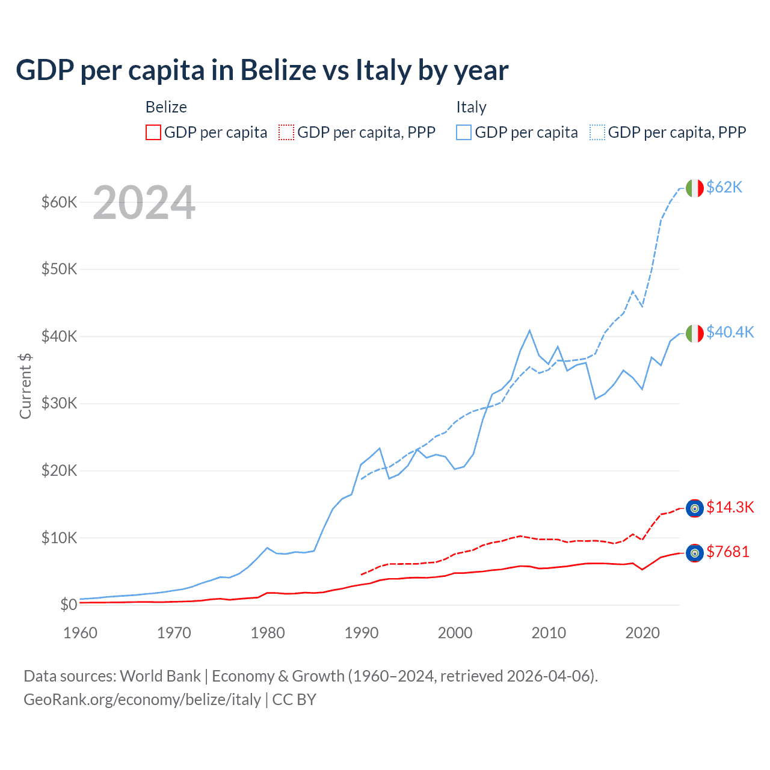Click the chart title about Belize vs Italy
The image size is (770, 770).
coord(262,70)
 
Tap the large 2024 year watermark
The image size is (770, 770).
coord(144,203)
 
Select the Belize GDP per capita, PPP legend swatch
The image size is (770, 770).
coord(286,132)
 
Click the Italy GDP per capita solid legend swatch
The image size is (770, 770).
coord(464,132)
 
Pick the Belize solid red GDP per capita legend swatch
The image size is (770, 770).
coord(153,132)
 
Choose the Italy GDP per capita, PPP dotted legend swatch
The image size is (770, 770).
coord(597,132)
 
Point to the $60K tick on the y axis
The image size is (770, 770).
coord(59,202)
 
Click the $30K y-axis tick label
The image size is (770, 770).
coord(59,403)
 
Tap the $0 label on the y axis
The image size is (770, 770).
coord(69,605)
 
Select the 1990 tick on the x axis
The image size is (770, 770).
coord(362,633)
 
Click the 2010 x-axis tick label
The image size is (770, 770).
coord(549,633)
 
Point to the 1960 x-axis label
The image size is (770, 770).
coord(80,633)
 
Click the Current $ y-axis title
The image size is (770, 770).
coord(25,386)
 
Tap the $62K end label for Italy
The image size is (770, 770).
coord(724,188)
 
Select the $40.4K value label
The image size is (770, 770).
coord(730,332)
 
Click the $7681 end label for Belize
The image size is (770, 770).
coord(728,552)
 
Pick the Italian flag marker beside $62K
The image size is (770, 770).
coord(695,188)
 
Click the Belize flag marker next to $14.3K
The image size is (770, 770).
coord(695,508)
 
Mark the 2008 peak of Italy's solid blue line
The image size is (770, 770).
coord(529,330)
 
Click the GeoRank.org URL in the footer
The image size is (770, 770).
coord(142,700)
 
